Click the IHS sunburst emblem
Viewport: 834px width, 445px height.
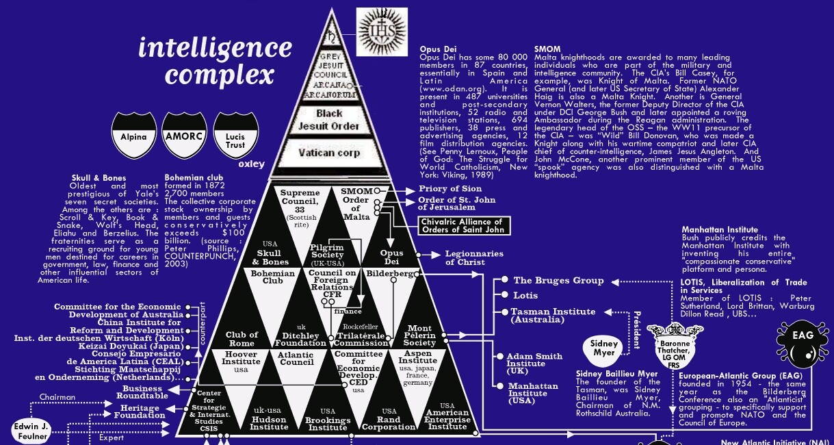point(382,31)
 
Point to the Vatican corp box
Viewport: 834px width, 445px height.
point(330,153)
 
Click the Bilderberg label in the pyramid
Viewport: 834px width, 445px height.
point(389,274)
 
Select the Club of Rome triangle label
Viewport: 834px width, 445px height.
point(242,339)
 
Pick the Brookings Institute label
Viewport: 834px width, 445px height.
point(328,423)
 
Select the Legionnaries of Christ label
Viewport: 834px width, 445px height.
point(474,258)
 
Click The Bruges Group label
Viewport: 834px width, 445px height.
point(558,280)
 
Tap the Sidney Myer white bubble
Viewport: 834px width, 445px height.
point(604,348)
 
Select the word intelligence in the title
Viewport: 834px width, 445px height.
point(215,48)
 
